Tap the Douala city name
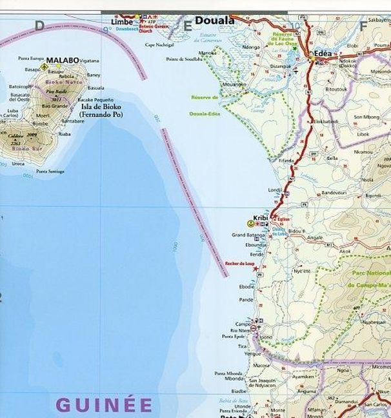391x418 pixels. pyautogui.click(x=214, y=21)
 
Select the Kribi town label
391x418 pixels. pyautogui.click(x=261, y=218)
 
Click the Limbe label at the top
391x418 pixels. pyautogui.click(x=122, y=21)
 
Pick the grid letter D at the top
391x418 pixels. pyautogui.click(x=39, y=26)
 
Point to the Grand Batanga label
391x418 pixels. pyautogui.click(x=247, y=236)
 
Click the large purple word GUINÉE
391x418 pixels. pyautogui.click(x=104, y=405)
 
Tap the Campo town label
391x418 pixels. pyautogui.click(x=243, y=323)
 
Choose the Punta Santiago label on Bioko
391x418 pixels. pyautogui.click(x=50, y=171)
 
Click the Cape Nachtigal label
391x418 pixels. pyautogui.click(x=159, y=45)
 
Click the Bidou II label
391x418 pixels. pyautogui.click(x=296, y=230)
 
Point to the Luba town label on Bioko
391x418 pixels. pyautogui.click(x=12, y=111)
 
